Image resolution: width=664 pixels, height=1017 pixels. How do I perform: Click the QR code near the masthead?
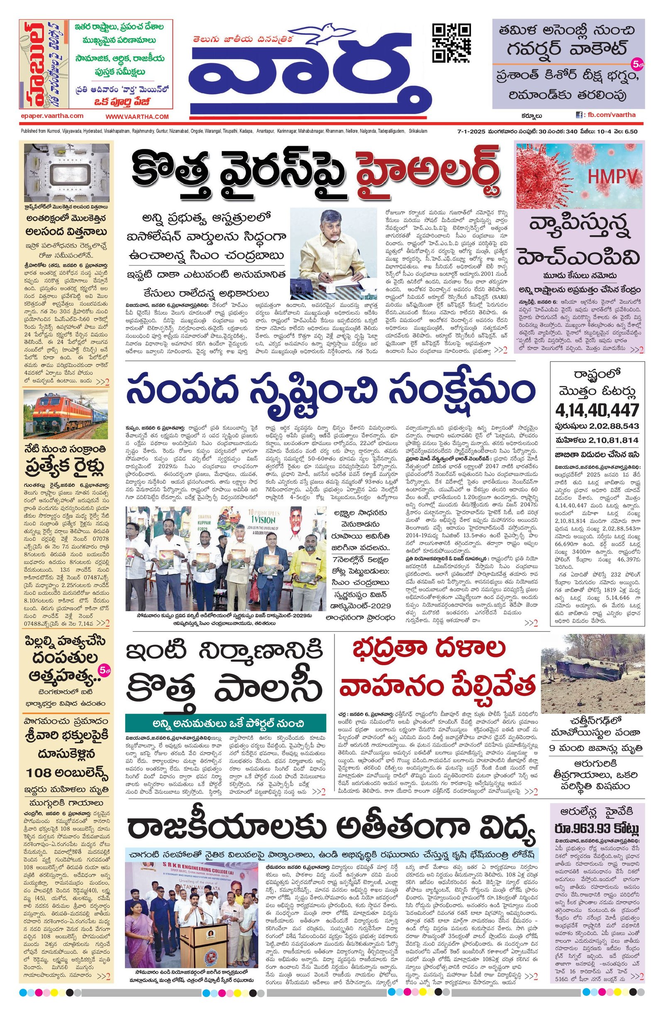tap(452, 43)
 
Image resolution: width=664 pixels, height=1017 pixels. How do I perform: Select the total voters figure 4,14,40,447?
tap(597, 410)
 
